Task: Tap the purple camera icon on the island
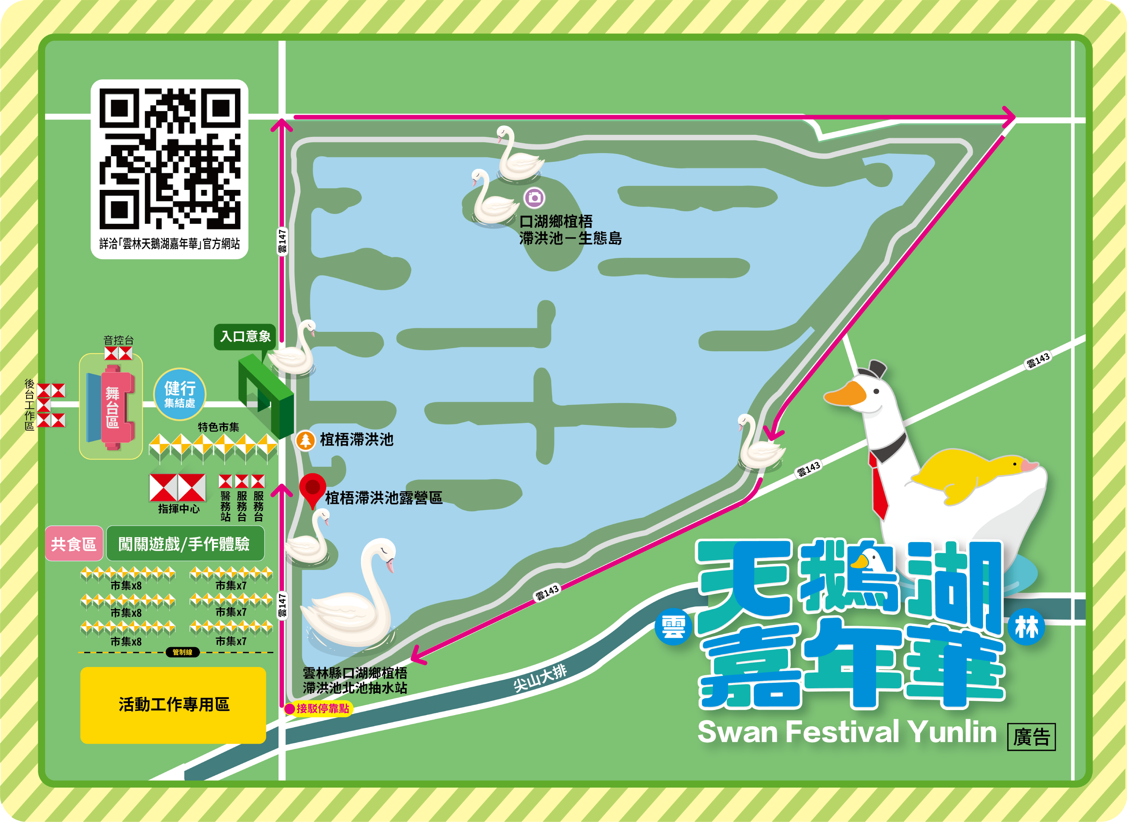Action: [534, 197]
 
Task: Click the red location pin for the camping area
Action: [313, 489]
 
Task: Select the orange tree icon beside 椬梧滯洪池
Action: [305, 440]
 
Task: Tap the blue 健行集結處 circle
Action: [180, 394]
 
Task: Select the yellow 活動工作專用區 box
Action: [173, 705]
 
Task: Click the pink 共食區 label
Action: [74, 544]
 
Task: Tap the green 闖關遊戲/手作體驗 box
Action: [185, 544]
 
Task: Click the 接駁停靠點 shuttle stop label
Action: [319, 708]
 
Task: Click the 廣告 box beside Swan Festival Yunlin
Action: [1031, 737]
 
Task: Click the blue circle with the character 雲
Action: [673, 627]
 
